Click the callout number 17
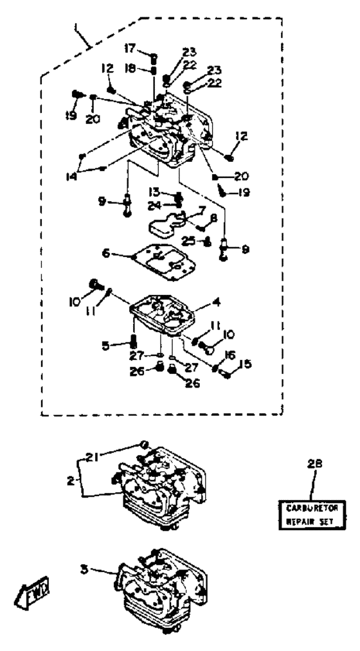pyautogui.click(x=130, y=49)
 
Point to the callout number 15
pyautogui.click(x=246, y=364)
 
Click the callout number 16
pyautogui.click(x=230, y=355)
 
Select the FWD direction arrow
pyautogui.click(x=33, y=589)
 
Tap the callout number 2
pyautogui.click(x=71, y=481)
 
